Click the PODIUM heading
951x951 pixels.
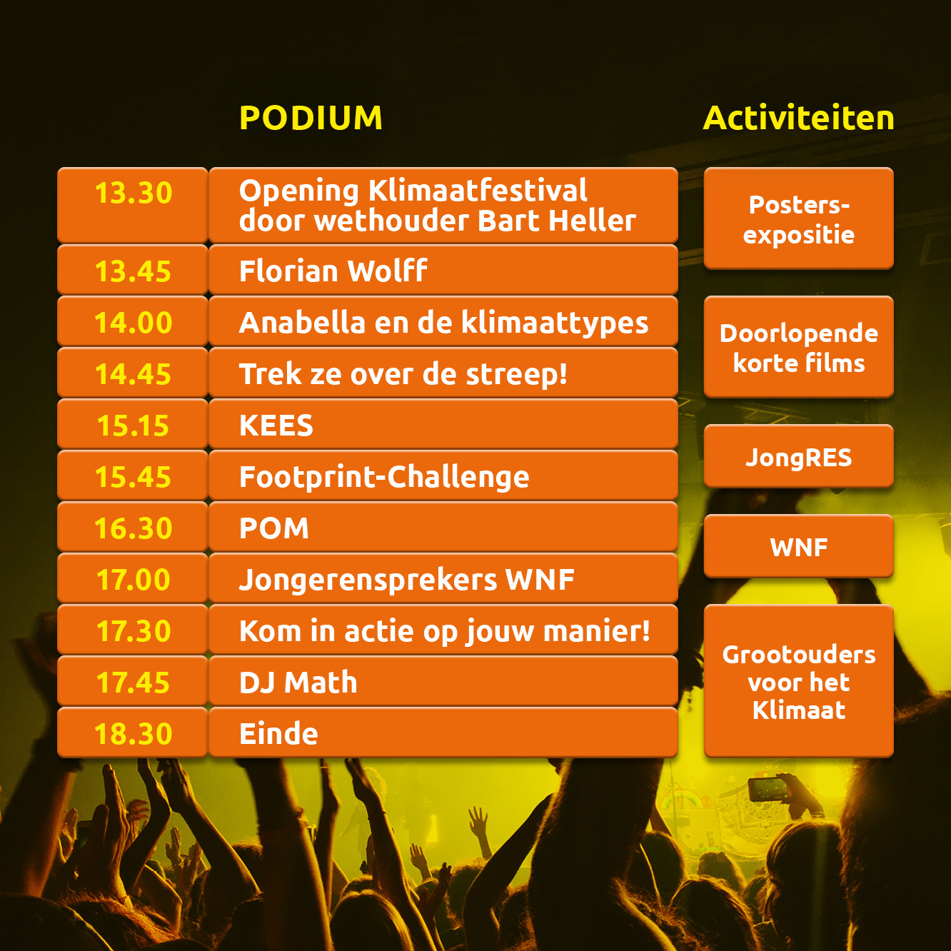[x=311, y=118]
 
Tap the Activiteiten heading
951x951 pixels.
[x=798, y=118]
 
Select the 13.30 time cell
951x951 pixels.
[x=133, y=205]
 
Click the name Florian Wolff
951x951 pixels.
[x=333, y=271]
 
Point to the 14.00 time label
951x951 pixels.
[x=134, y=322]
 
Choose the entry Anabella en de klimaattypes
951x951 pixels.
[x=443, y=323]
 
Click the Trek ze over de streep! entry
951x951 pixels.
[x=403, y=374]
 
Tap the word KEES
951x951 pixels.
[x=276, y=425]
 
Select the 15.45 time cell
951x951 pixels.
[x=133, y=475]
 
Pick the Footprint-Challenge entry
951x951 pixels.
[x=384, y=477]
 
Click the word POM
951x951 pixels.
[x=274, y=528]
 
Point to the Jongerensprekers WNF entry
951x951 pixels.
[x=407, y=580]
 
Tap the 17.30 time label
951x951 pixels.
[x=134, y=630]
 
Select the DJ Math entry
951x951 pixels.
[x=298, y=683]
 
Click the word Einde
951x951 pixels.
[x=278, y=734]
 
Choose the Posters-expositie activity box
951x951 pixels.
[x=798, y=218]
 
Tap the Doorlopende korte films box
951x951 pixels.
[x=798, y=347]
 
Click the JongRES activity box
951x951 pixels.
[x=798, y=456]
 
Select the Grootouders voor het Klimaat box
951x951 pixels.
[x=798, y=681]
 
